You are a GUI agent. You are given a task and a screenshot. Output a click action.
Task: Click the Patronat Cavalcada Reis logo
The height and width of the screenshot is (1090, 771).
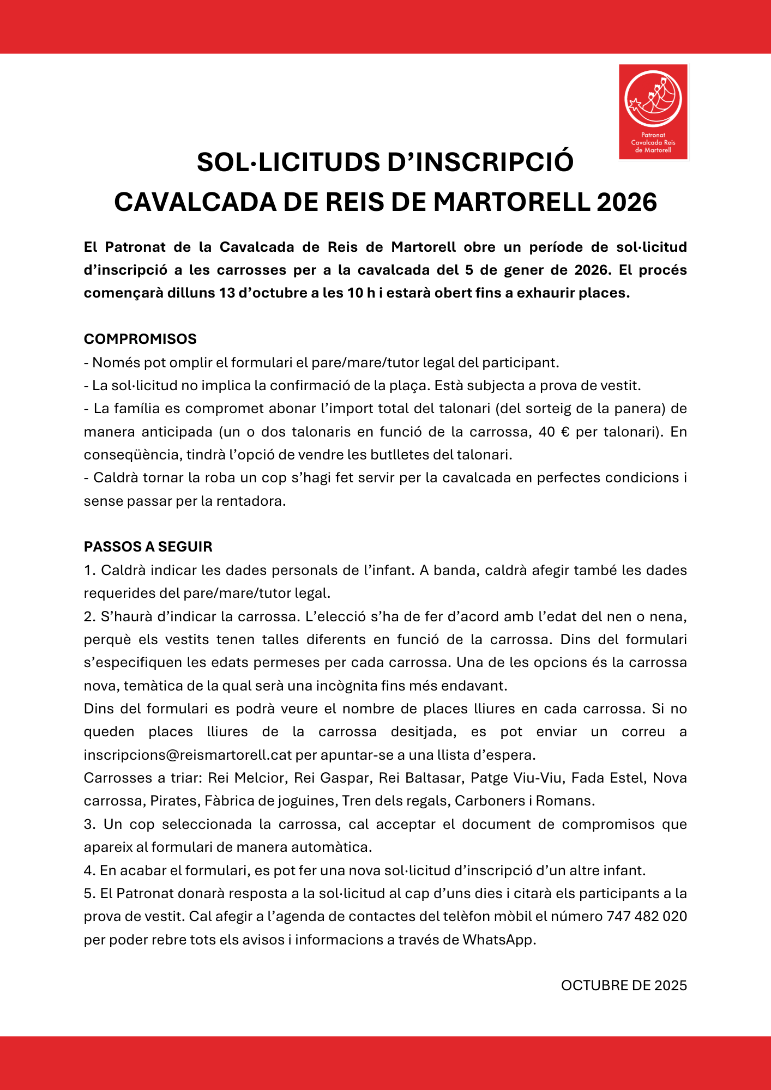point(653,112)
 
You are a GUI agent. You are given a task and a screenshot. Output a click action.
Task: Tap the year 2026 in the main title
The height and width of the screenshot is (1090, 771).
point(627,202)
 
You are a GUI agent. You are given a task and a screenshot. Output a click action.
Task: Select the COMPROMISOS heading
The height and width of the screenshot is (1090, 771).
point(140,339)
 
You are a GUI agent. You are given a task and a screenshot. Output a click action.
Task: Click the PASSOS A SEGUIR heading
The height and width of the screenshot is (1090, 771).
point(148,547)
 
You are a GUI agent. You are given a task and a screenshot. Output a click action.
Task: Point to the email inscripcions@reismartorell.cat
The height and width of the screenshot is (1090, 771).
point(188,755)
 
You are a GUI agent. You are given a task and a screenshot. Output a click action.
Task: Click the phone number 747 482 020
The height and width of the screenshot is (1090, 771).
point(646,916)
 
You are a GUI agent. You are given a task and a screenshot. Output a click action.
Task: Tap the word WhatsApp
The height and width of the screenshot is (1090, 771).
point(498,940)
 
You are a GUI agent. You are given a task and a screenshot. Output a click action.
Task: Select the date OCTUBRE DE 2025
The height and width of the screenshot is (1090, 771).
point(623,985)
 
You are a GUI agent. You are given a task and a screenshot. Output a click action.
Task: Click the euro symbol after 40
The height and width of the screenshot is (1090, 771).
point(565,432)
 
